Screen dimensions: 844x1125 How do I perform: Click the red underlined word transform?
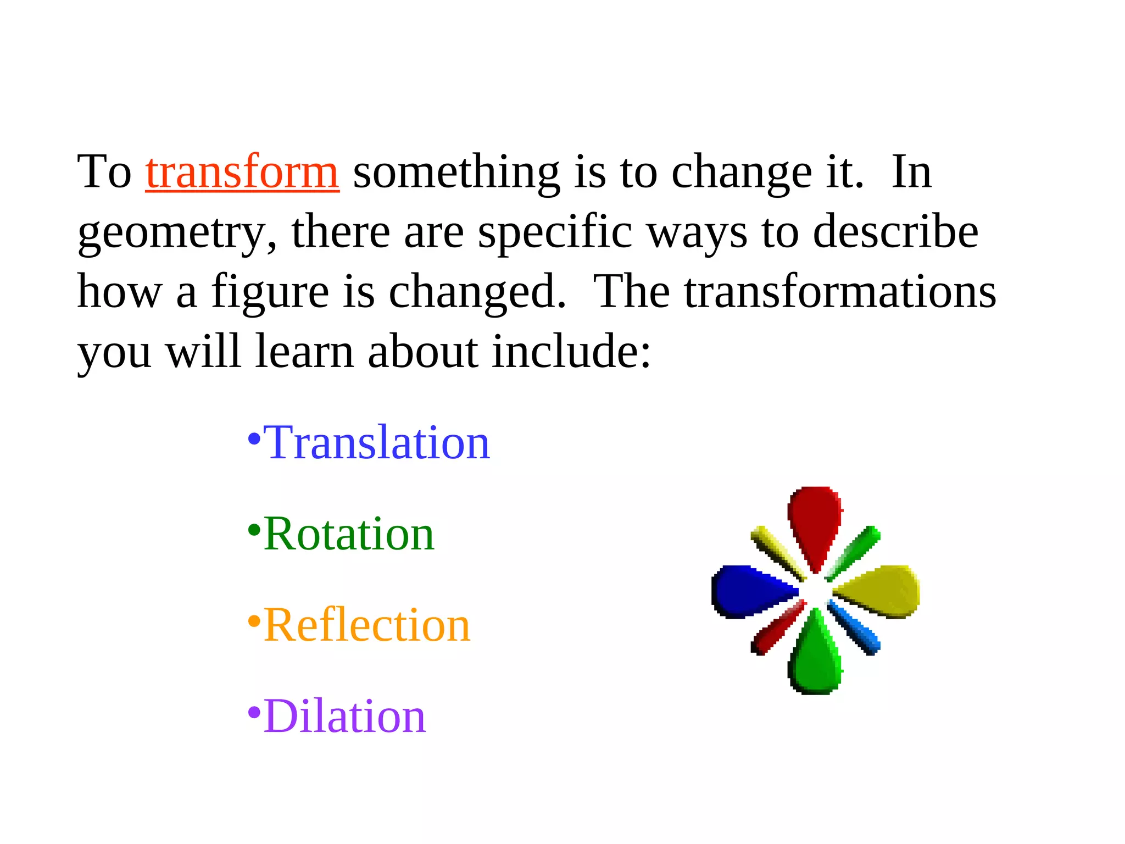point(242,173)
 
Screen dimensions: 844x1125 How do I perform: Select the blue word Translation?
point(376,443)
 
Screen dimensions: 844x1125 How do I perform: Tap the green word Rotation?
point(349,534)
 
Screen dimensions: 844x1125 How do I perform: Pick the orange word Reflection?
point(367,625)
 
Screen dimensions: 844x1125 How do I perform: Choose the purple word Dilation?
point(344,717)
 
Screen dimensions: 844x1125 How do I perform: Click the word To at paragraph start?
point(104,173)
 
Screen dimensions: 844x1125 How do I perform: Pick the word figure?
point(270,293)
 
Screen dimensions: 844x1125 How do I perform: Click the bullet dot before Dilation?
point(254,713)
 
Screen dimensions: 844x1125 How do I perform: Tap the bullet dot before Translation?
point(254,439)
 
